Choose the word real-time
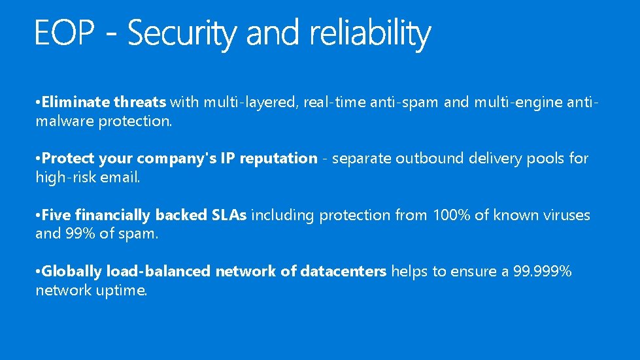tap(334, 102)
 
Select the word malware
tap(65, 122)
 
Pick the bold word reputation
tap(278, 159)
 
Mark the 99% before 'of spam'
tap(79, 234)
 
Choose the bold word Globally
tap(72, 272)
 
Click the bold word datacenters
tap(343, 272)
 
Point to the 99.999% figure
tap(543, 272)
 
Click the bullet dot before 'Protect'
tap(39, 159)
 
